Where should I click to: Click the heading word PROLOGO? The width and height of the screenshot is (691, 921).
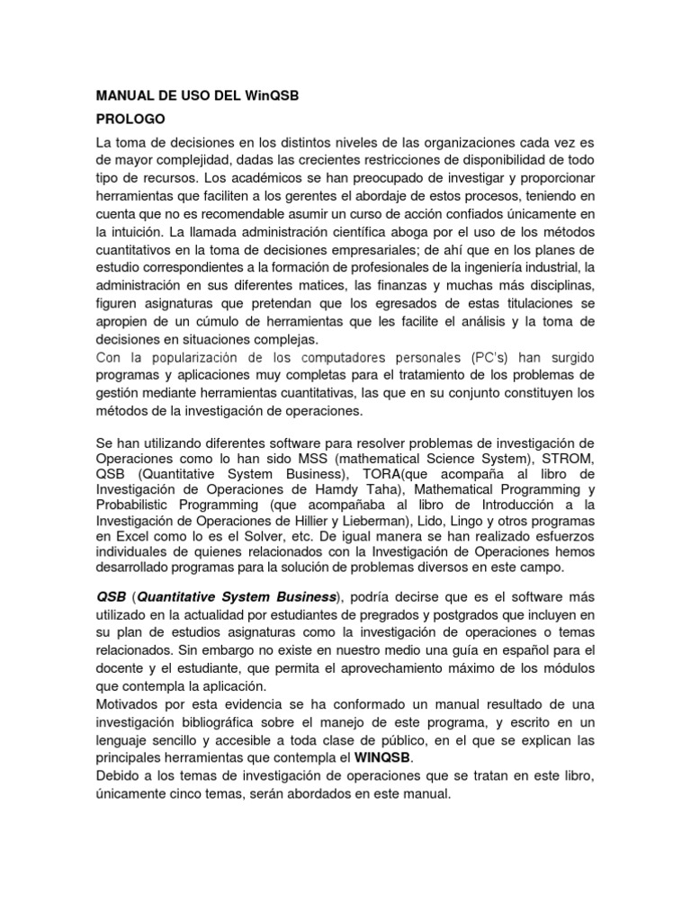pos(130,118)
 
